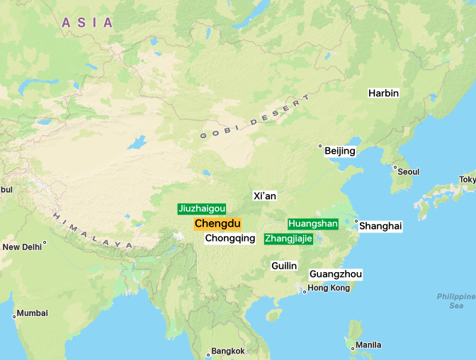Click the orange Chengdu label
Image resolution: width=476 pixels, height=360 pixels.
click(217, 224)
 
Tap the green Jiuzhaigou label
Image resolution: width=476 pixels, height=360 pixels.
click(202, 209)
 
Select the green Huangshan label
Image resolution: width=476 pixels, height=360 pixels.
click(313, 224)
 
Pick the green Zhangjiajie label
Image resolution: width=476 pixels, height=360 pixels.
click(288, 239)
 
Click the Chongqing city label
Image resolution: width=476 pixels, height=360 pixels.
click(230, 239)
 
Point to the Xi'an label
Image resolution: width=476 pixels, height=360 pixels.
click(265, 196)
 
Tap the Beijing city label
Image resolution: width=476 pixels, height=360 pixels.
click(340, 151)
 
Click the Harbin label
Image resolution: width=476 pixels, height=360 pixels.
click(383, 93)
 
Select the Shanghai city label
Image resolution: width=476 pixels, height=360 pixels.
click(380, 226)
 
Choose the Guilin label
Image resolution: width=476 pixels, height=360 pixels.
click(284, 266)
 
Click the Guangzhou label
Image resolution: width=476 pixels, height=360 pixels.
click(336, 274)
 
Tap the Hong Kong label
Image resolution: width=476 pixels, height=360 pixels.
click(329, 288)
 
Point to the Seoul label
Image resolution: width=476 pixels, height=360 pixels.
click(408, 171)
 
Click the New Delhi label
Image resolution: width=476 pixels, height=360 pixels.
click(22, 247)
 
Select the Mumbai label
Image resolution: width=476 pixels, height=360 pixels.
click(33, 313)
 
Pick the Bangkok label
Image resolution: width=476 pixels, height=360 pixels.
click(228, 351)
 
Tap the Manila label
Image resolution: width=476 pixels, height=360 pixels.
click(368, 345)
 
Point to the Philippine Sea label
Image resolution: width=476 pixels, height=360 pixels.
click(455, 300)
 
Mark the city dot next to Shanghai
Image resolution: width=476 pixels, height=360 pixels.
click(356, 222)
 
